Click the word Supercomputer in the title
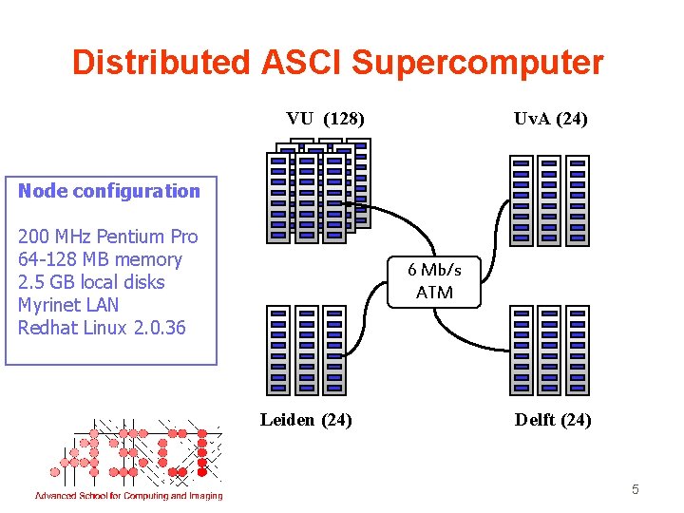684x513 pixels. coord(477,63)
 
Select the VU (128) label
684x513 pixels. coord(326,119)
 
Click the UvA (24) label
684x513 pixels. coord(550,119)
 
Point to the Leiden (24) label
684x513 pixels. coord(306,419)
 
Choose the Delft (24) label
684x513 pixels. coord(552,419)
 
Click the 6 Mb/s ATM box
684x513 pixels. coord(434,282)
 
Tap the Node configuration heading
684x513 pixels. coord(109,191)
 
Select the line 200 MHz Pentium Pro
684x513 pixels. coord(107,237)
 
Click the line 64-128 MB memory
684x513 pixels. coord(100,259)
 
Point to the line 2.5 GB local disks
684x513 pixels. coord(91,282)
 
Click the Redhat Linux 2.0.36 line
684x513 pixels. coord(102,328)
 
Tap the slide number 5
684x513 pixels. coord(636,490)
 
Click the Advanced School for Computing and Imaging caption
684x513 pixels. coord(128,495)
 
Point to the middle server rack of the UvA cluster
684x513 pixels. coord(549,200)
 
